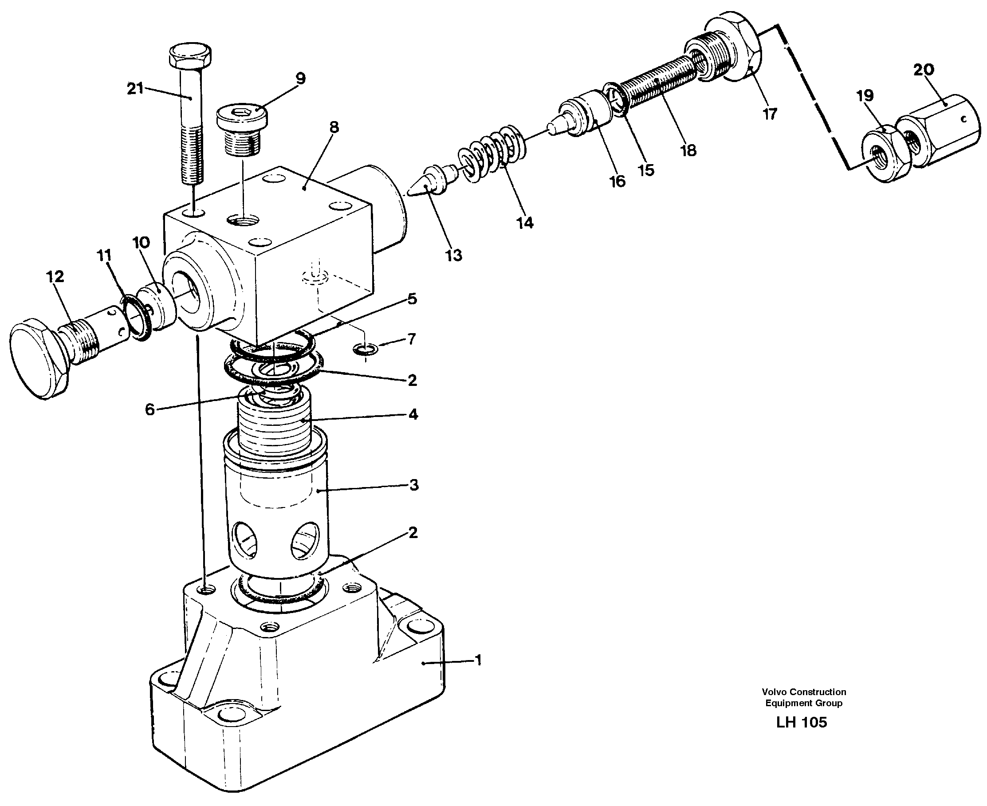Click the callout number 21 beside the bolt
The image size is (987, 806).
tap(135, 88)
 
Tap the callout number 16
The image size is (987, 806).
tap(617, 181)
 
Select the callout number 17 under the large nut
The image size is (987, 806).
tap(770, 114)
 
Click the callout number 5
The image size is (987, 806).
tap(412, 299)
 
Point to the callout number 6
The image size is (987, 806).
tap(149, 409)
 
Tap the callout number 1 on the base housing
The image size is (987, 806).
tap(478, 660)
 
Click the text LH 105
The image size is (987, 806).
tap(801, 723)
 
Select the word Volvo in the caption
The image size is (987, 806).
tap(775, 692)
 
